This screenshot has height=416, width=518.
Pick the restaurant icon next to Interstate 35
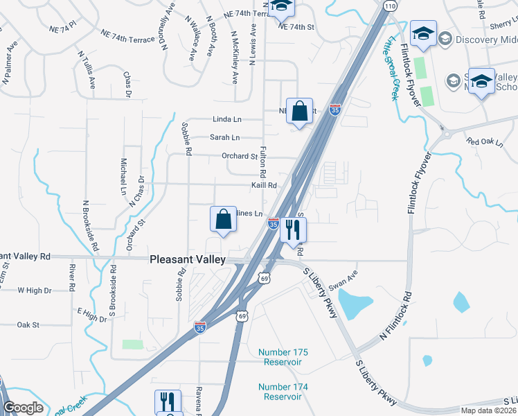pos(293,231)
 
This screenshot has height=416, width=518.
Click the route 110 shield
pos(391,6)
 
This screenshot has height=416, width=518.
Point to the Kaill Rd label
pos(264,185)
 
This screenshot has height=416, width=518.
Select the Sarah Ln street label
pos(226,137)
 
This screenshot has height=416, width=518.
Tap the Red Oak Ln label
pos(484,141)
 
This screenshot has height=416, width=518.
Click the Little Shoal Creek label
pos(392,69)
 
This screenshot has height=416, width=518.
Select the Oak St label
pos(28,324)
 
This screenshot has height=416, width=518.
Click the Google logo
pos(24,408)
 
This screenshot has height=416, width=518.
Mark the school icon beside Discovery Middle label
pos(423,33)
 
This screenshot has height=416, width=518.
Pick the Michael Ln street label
pos(123,175)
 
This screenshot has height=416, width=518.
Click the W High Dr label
pos(35,291)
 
